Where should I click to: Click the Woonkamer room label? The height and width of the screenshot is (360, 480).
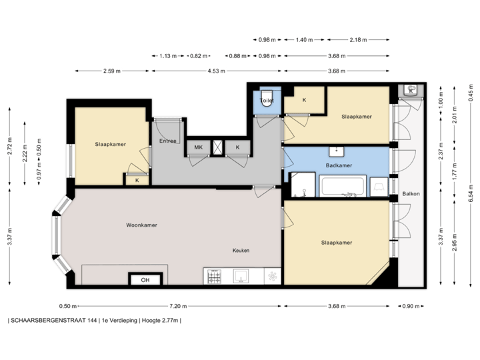pyautogui.click(x=141, y=225)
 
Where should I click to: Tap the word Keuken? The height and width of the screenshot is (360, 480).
pyautogui.click(x=241, y=250)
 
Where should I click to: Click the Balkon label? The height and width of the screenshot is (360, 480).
pyautogui.click(x=411, y=194)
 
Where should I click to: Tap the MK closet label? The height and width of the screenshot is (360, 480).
pyautogui.click(x=198, y=147)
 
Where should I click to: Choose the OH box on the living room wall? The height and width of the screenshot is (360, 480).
pyautogui.click(x=145, y=280)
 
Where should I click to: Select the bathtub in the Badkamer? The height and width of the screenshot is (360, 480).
pyautogui.click(x=343, y=187)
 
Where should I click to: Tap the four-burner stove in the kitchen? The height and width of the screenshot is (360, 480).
pyautogui.click(x=215, y=275)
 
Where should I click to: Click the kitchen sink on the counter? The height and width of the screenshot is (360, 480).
pyautogui.click(x=240, y=275)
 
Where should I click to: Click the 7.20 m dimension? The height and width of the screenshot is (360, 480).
pyautogui.click(x=177, y=306)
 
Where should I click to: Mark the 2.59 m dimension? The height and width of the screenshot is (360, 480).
pyautogui.click(x=111, y=71)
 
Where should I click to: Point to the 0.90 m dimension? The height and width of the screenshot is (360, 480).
pyautogui.click(x=410, y=306)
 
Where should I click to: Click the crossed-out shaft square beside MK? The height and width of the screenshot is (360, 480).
pyautogui.click(x=217, y=147)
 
